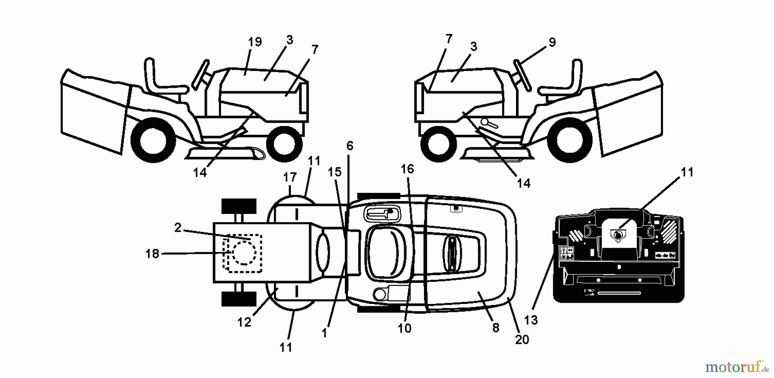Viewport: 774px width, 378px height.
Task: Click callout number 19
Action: coord(255,42)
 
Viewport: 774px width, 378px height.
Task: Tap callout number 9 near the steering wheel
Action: coord(552,42)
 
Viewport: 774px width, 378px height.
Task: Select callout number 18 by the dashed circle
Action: coord(152,254)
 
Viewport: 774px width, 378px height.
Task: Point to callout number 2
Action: coord(178,227)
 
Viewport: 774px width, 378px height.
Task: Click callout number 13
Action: coord(531,320)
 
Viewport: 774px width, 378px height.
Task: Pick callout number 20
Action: coord(522,339)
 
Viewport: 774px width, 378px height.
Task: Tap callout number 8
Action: coord(495,328)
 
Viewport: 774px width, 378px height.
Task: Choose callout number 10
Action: coord(404,328)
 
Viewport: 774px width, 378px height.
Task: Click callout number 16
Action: coord(407,169)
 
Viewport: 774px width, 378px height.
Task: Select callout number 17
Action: coord(290,177)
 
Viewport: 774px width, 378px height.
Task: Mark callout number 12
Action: coord(244,322)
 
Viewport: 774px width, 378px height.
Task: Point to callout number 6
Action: coord(350,146)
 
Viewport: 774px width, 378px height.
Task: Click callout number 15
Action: coord(334,172)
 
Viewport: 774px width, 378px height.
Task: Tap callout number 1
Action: coord(324,333)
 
